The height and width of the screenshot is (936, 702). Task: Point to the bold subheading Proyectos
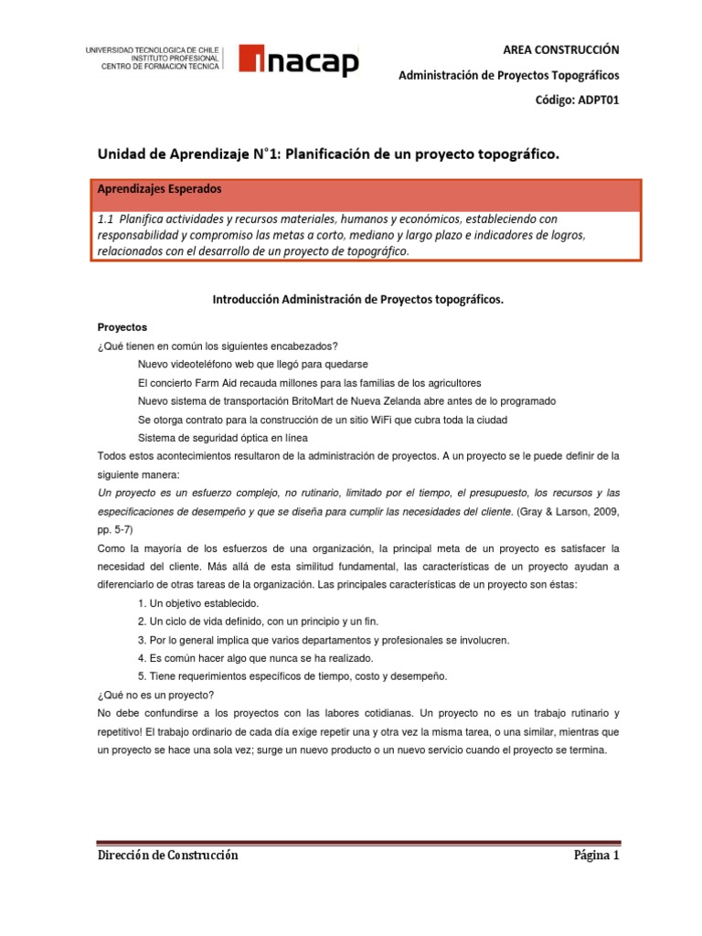point(122,326)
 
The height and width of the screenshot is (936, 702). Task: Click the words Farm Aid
point(210,382)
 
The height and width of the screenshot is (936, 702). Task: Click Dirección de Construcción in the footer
point(167,856)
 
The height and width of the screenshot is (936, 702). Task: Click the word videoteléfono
point(205,364)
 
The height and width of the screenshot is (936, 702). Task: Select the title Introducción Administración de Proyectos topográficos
point(357,299)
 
